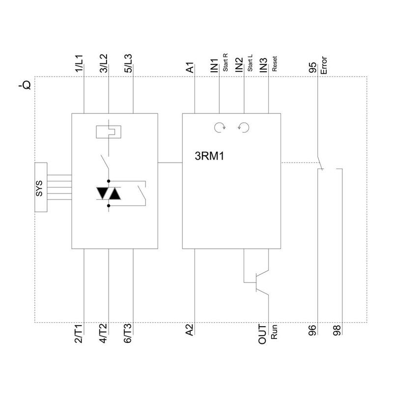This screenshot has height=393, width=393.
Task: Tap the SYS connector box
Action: (41, 187)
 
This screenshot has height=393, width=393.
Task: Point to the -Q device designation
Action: (25, 86)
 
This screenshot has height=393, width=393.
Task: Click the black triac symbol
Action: (109, 194)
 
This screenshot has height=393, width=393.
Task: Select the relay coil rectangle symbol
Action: (109, 132)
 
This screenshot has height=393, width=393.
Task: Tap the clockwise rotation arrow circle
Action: (219, 128)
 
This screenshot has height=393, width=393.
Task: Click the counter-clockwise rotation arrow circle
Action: (243, 128)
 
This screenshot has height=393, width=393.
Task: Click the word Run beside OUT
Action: (275, 333)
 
